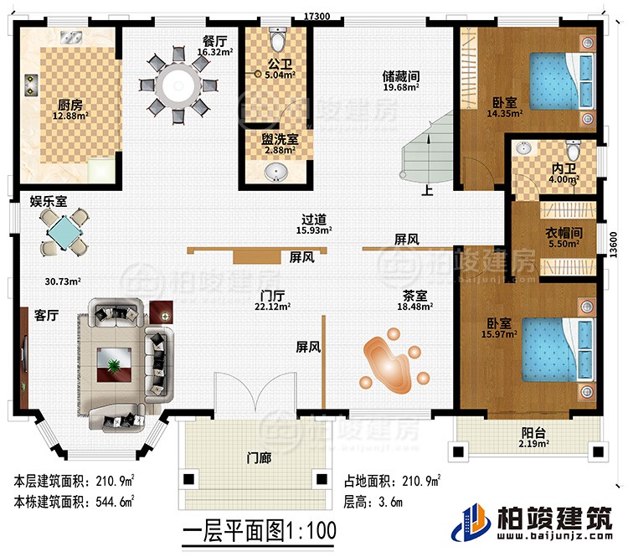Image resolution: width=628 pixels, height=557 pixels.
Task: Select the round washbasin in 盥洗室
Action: tap(275, 173)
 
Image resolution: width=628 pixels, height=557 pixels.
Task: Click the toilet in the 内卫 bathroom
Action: tap(574, 152)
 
